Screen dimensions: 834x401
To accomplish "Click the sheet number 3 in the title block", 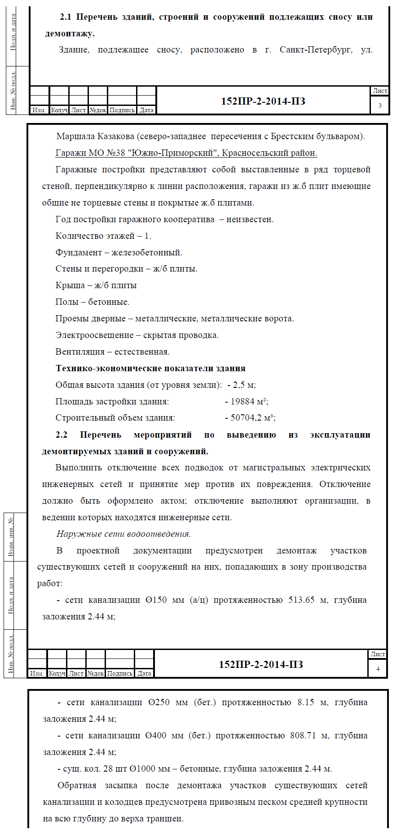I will (380, 105).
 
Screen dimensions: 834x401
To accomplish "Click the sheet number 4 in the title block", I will (378, 669).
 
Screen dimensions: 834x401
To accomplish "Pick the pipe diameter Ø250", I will (159, 702).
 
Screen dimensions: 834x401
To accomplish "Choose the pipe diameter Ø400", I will (156, 736).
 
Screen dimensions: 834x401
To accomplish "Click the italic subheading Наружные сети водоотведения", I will (123, 534).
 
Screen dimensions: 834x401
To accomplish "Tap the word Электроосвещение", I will (94, 335).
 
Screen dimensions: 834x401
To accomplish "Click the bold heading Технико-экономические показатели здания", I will (150, 369).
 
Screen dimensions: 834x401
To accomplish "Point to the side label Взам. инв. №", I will (11, 537).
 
